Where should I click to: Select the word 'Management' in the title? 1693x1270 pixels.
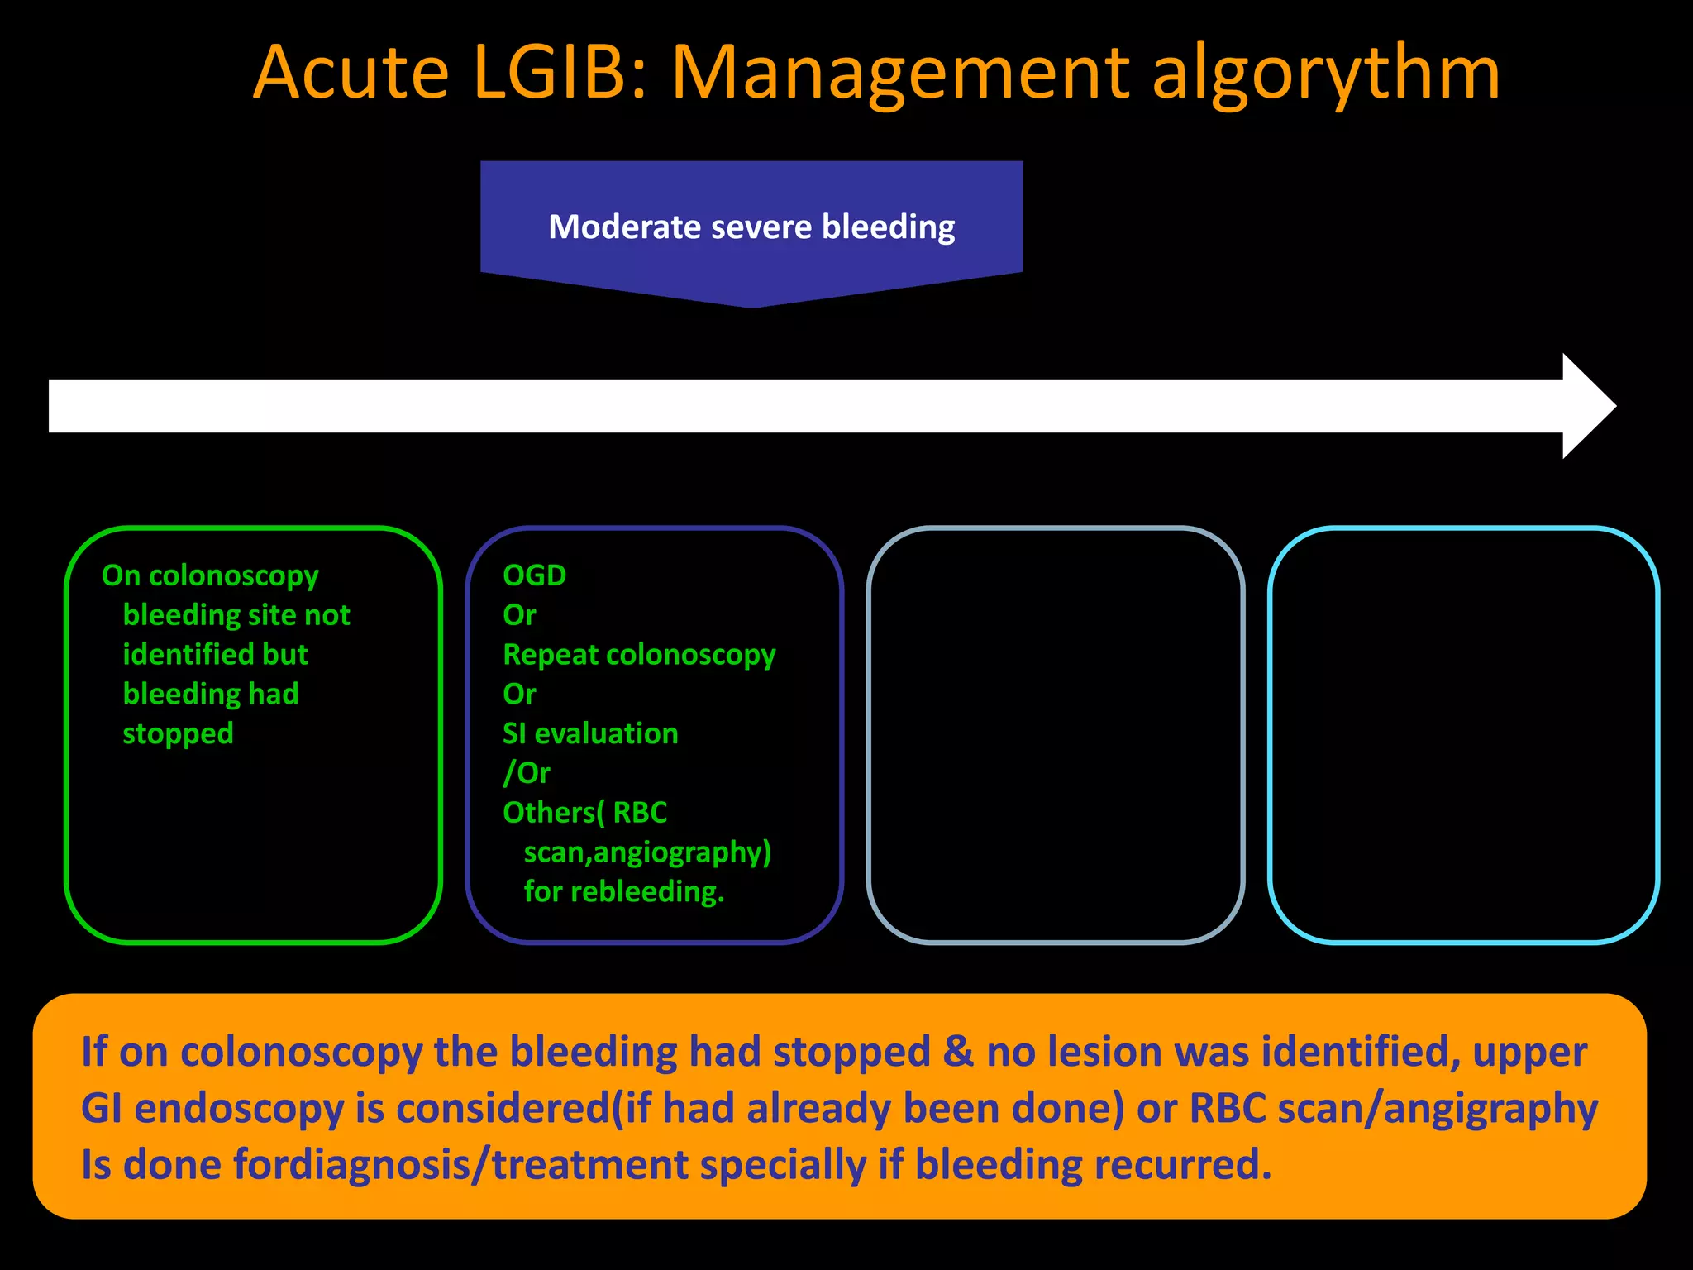tap(899, 74)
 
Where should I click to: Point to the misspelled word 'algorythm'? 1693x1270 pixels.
tap(1325, 74)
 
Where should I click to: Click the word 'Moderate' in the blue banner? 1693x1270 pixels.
tap(624, 227)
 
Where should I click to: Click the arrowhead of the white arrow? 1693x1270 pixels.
tap(1587, 406)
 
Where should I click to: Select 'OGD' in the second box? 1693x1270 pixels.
tap(534, 575)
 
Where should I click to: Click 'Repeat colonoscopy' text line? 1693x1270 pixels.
tap(639, 654)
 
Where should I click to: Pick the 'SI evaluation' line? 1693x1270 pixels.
tap(590, 733)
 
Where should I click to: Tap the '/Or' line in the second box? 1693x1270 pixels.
tap(527, 773)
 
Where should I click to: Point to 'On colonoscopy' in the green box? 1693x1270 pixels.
tap(210, 575)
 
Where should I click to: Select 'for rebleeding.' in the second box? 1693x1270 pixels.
tap(623, 891)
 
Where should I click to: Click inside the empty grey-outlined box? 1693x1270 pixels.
tap(1056, 734)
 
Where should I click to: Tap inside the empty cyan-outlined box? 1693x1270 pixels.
tap(1463, 734)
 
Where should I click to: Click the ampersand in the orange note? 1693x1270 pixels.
tap(958, 1052)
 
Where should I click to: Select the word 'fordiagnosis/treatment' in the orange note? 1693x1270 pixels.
tap(460, 1164)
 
